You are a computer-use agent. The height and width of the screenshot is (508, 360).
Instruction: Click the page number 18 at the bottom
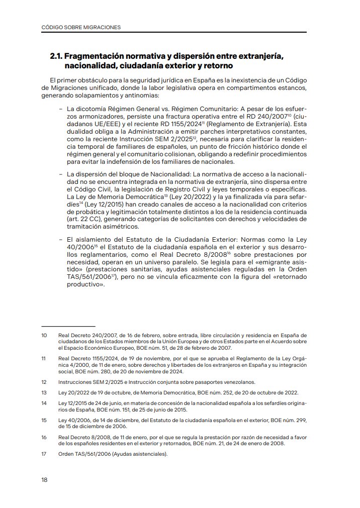point(44,480)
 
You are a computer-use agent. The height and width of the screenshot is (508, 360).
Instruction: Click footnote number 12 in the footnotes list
point(44,382)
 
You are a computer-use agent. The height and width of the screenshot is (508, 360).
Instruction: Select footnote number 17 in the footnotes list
point(44,454)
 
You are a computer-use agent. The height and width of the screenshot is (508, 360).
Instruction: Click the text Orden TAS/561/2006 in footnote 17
point(83,454)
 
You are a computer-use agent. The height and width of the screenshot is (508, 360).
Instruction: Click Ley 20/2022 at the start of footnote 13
point(73,392)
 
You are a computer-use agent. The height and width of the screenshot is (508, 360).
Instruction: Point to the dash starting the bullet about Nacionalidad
point(60,173)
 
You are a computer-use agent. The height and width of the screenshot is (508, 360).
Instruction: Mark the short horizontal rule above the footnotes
point(68,326)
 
